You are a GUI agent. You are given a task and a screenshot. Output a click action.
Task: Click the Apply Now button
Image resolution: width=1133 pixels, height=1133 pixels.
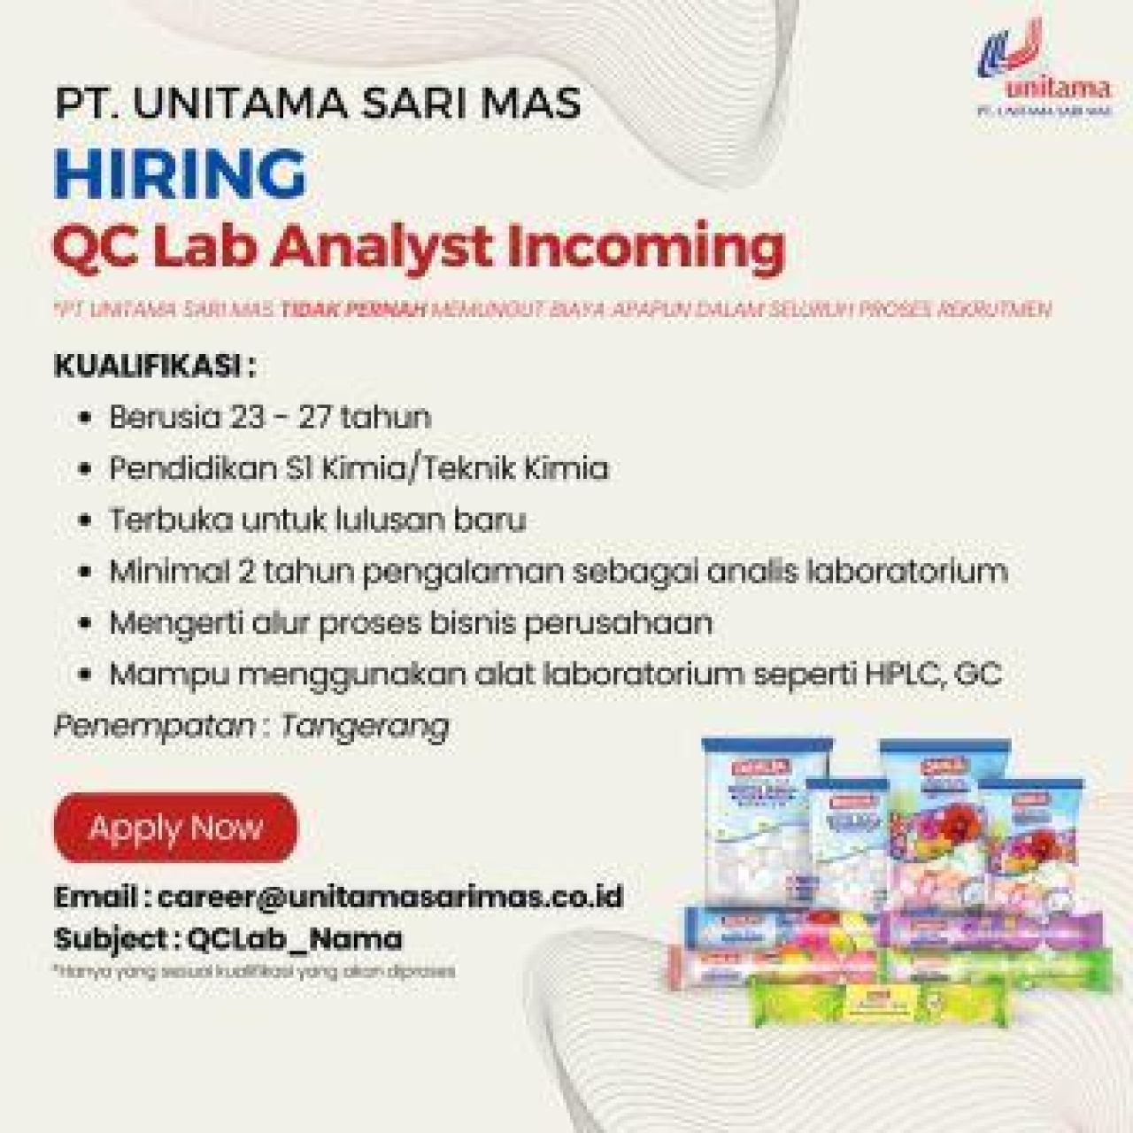click(x=175, y=828)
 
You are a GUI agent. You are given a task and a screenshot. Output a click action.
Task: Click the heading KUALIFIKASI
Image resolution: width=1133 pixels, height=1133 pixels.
click(x=148, y=366)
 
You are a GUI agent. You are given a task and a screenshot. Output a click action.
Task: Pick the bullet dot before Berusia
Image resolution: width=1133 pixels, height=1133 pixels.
click(x=85, y=418)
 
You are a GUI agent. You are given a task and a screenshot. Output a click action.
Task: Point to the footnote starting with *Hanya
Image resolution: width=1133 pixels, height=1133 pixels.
click(x=255, y=971)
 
